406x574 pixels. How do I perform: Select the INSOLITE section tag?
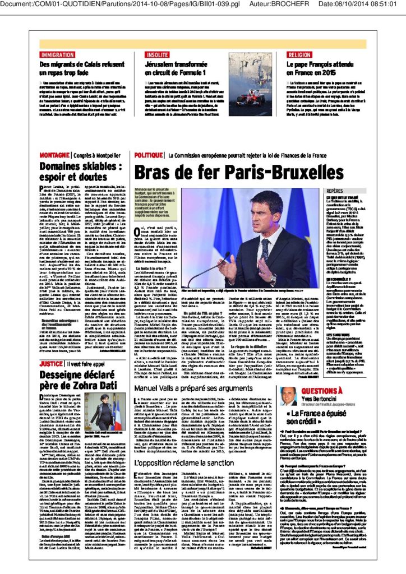158,55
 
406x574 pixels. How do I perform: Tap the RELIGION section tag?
299,55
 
